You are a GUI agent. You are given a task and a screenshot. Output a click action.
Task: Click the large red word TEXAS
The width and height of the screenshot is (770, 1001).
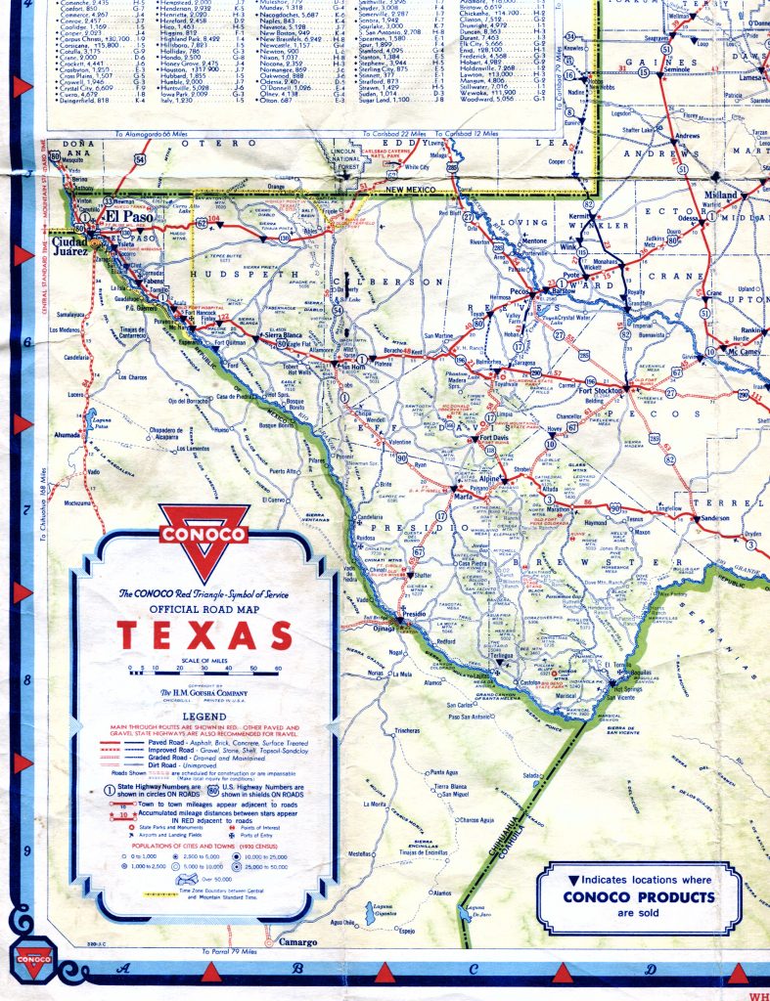205,635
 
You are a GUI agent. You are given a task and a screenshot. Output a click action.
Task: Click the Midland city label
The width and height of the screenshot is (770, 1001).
722,196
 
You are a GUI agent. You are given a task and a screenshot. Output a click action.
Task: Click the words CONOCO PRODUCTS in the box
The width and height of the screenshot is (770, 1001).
639,896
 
